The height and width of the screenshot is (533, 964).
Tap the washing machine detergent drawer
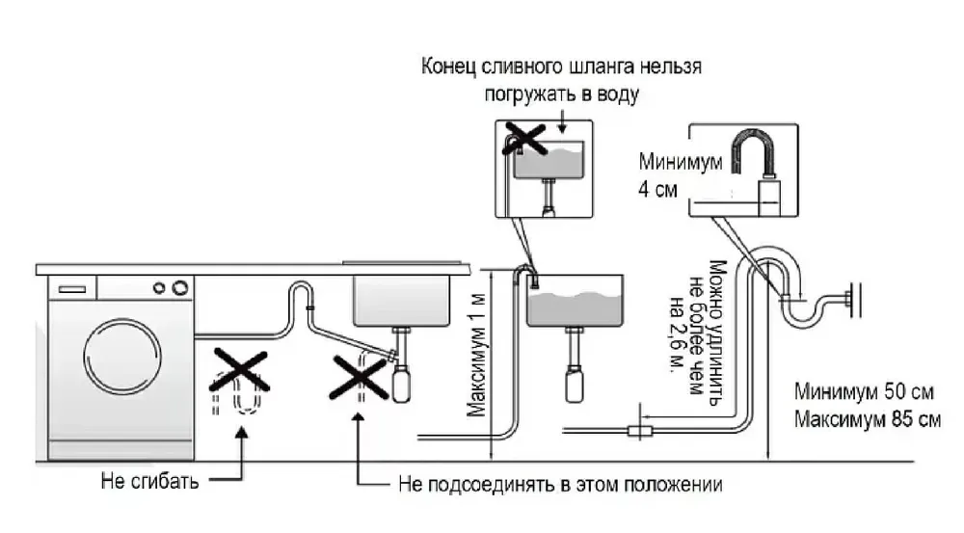pyautogui.click(x=72, y=287)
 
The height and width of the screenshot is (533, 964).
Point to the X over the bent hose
pyautogui.click(x=238, y=370)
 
